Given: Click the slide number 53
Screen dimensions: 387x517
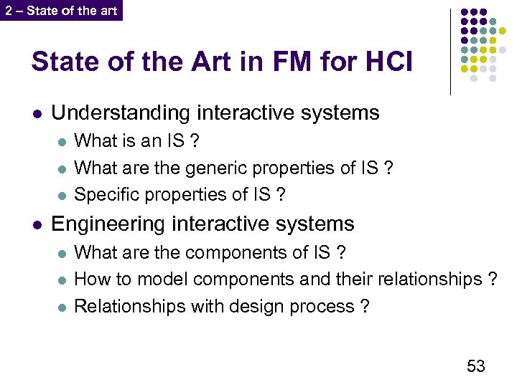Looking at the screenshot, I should click(476, 366).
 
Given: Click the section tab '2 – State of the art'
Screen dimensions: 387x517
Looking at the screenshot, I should click(61, 11).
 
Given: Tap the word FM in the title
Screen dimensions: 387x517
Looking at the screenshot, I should click(263, 62).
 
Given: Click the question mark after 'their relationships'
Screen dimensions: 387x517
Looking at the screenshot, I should click(492, 279).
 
